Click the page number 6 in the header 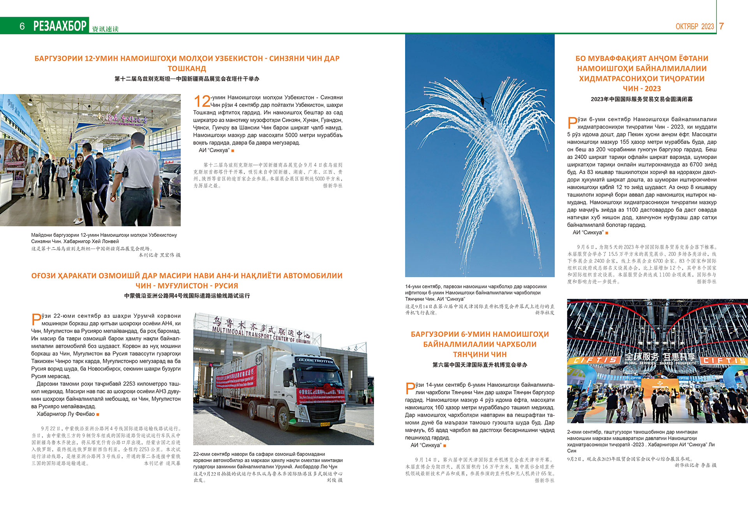tap(22, 26)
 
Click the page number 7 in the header tap(721, 26)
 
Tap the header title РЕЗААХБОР tap(60, 26)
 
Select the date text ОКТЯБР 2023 tap(695, 27)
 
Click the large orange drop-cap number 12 tap(202, 101)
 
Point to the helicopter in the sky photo tap(485, 99)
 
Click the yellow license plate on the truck tap(325, 424)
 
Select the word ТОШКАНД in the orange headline tap(187, 69)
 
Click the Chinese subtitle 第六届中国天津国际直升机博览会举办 tap(480, 365)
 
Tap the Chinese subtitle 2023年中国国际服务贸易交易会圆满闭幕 tap(642, 99)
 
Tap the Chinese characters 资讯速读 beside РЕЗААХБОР tap(105, 29)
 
